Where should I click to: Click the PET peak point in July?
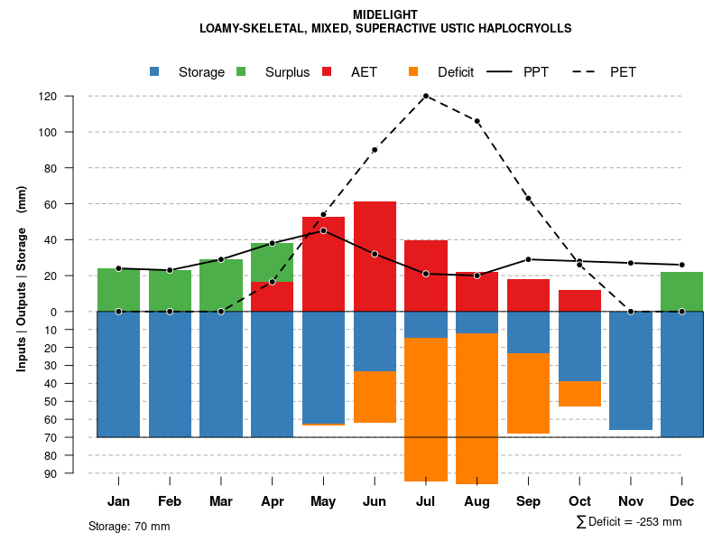pos(425,96)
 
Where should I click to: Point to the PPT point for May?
pos(323,230)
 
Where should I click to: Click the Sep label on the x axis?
pos(528,501)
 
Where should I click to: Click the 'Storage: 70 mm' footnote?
pos(129,526)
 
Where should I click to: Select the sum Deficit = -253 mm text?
pos(629,522)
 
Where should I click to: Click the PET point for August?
pos(477,121)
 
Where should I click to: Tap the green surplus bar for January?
pos(118,289)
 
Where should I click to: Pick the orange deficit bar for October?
pos(579,394)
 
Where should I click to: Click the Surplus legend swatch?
pos(242,72)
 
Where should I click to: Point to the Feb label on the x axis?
pos(170,501)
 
